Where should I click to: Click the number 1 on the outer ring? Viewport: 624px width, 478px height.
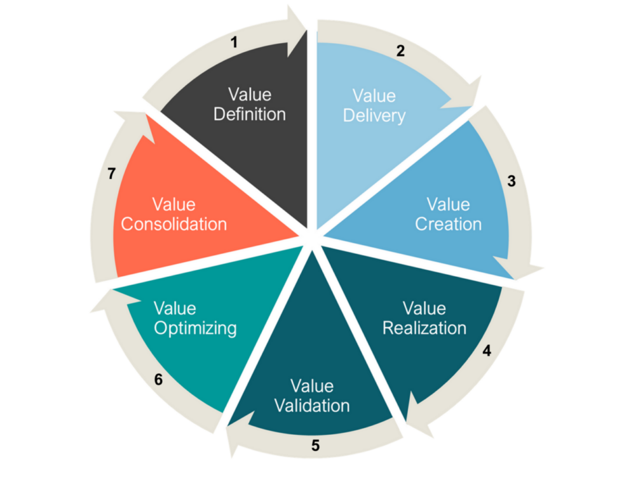[x=234, y=43]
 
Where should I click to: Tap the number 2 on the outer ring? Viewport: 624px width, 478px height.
[x=400, y=51]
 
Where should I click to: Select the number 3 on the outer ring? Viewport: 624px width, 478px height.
[x=511, y=182]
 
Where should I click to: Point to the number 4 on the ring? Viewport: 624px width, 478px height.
[x=487, y=350]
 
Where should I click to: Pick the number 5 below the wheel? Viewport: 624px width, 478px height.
[x=315, y=445]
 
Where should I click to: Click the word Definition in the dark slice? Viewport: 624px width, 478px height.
[x=250, y=114]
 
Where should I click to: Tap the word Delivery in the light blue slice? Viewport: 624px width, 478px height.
[x=374, y=116]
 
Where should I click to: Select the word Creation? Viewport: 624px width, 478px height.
[x=448, y=224]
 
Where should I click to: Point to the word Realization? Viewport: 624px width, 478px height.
[x=434, y=328]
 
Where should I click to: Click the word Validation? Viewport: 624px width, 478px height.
[x=312, y=405]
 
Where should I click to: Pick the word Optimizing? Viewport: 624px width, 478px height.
[x=195, y=328]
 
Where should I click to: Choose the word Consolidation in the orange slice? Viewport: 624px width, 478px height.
[x=173, y=224]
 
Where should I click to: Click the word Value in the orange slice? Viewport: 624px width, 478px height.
[x=173, y=204]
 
